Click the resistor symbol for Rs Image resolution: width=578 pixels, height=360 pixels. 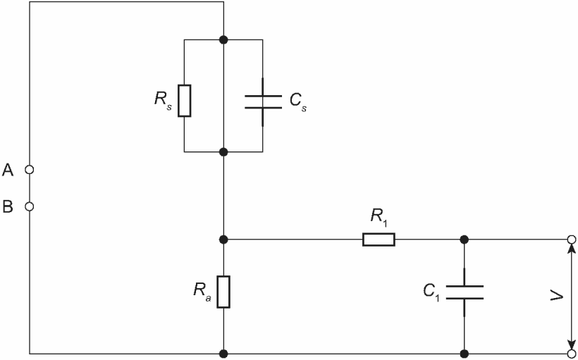point(184,101)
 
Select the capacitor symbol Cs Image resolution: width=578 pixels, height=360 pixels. point(263,101)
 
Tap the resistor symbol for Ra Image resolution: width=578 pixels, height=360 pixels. point(223,292)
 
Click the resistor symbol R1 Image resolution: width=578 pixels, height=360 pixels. point(379,240)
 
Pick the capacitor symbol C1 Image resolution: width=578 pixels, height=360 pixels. point(465,292)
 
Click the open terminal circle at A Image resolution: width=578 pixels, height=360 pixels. point(30,170)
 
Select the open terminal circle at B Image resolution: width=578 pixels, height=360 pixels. point(30,206)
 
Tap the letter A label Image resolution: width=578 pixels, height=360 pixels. point(8,170)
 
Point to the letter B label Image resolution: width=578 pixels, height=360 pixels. point(8,206)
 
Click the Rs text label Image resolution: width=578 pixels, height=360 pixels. point(163,100)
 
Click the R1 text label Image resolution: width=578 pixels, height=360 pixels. point(380,218)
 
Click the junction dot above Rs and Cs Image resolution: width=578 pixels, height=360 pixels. point(223,39)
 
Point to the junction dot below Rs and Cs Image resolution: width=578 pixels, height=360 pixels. point(223,151)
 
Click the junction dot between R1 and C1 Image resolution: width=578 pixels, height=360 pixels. point(465,240)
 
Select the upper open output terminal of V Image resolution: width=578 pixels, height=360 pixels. point(572,240)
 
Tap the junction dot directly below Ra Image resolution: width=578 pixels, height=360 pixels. point(223,354)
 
